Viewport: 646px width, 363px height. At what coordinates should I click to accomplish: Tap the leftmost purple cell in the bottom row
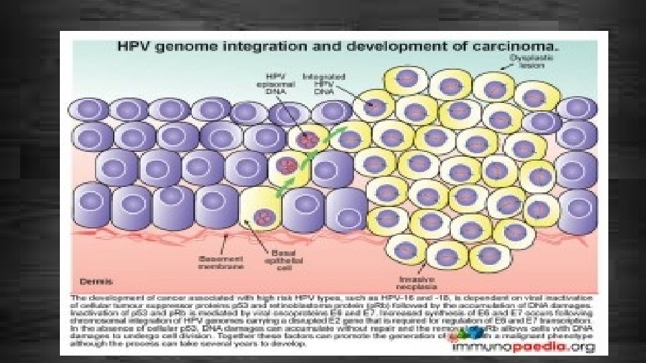click(92, 206)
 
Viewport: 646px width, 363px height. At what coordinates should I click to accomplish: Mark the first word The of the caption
click(81, 297)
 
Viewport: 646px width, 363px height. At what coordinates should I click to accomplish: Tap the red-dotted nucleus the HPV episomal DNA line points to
click(307, 139)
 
